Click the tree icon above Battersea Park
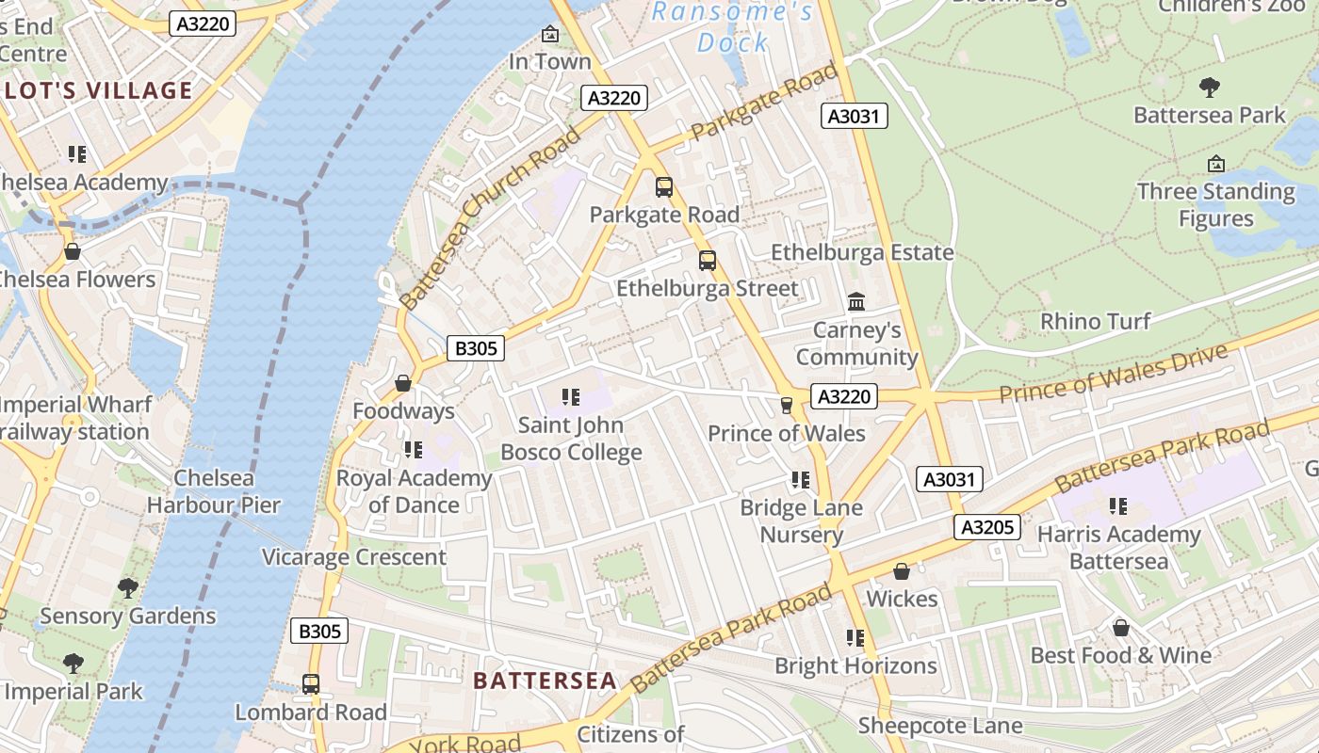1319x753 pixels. click(x=1210, y=88)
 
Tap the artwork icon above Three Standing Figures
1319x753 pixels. click(x=1215, y=164)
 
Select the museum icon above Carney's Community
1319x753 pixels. click(x=856, y=302)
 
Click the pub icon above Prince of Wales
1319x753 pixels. click(x=786, y=405)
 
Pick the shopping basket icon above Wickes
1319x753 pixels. click(x=902, y=571)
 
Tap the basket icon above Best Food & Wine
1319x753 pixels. click(x=1120, y=627)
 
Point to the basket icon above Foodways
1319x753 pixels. click(x=403, y=383)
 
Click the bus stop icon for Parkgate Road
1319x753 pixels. click(x=664, y=187)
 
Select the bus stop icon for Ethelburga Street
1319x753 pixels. click(x=707, y=261)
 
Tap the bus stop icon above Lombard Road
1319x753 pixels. click(x=311, y=684)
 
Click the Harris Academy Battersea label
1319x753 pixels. click(x=1118, y=548)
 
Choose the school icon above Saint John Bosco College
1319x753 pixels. click(x=570, y=397)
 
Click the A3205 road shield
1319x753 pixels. click(x=986, y=527)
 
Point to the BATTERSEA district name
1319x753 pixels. click(x=545, y=681)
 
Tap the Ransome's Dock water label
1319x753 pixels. click(x=733, y=26)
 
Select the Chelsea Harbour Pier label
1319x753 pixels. click(x=214, y=491)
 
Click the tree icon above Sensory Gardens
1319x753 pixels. click(x=127, y=588)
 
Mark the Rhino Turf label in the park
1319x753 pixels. click(x=1095, y=321)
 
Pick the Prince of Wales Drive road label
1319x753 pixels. click(x=1114, y=374)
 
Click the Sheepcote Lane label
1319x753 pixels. click(x=939, y=726)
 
